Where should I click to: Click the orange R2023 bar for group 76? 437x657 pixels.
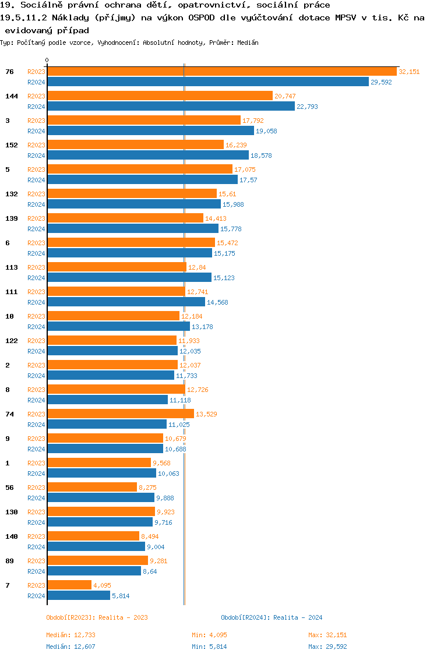point(221,72)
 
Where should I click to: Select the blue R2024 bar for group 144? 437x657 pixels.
point(171,107)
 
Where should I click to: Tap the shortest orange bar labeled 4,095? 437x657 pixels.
point(69,585)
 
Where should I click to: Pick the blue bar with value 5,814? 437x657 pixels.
point(79,596)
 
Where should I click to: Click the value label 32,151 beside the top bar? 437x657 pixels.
point(408,72)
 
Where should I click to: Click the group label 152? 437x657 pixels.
point(12,145)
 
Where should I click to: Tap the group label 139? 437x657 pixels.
point(12,218)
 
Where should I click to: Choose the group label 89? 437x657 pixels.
point(9,561)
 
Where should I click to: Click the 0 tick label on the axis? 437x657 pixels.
point(47,60)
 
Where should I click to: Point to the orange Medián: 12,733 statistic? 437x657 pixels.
point(71,635)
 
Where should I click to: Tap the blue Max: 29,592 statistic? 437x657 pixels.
point(327,647)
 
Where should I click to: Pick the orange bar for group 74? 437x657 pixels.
point(121,414)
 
